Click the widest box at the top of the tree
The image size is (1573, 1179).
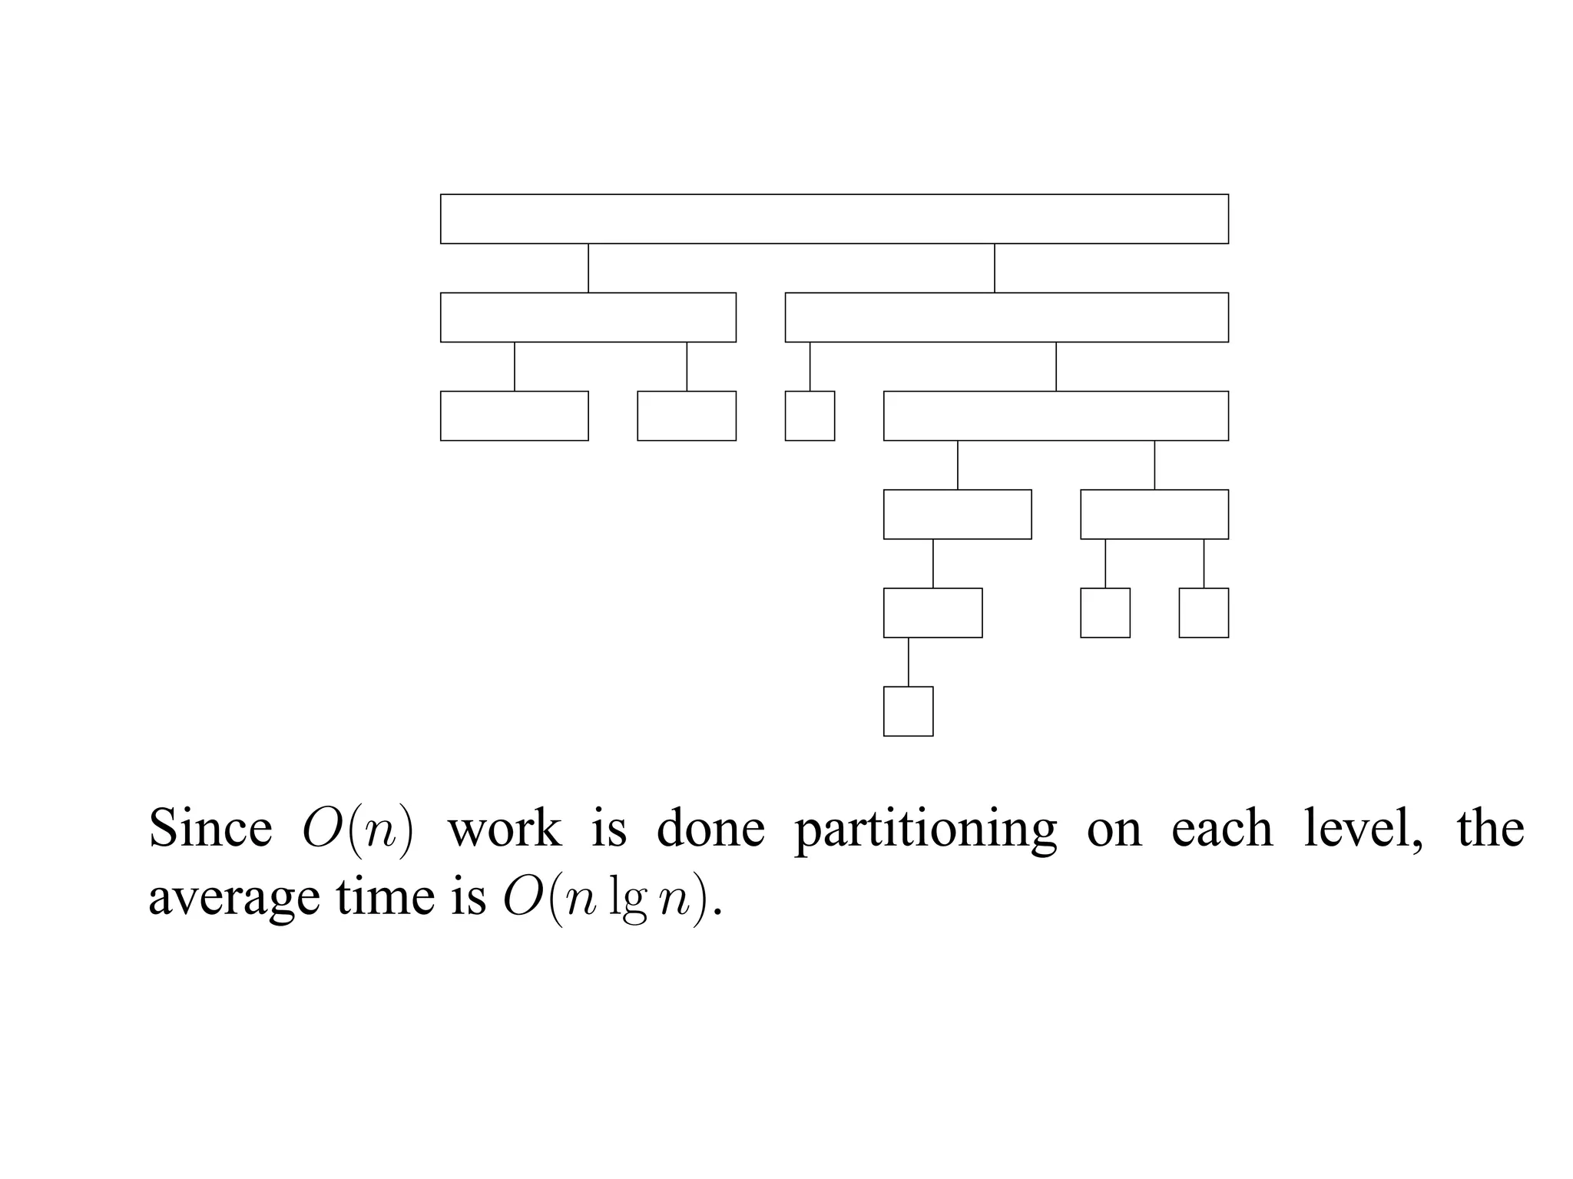click(834, 219)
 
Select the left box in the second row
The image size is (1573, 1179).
click(588, 317)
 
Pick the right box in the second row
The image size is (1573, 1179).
click(1006, 317)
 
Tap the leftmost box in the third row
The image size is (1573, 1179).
click(515, 416)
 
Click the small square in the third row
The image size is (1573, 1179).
click(810, 416)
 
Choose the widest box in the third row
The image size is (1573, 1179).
click(1055, 416)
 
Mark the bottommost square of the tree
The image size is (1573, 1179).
click(908, 711)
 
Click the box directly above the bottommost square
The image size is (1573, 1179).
click(932, 613)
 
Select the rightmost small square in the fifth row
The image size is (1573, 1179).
click(1204, 613)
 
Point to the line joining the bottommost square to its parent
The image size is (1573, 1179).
click(909, 662)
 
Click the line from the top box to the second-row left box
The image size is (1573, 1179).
click(588, 268)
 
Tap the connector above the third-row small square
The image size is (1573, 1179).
click(810, 366)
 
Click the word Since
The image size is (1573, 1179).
click(210, 829)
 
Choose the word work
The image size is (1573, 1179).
click(504, 830)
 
